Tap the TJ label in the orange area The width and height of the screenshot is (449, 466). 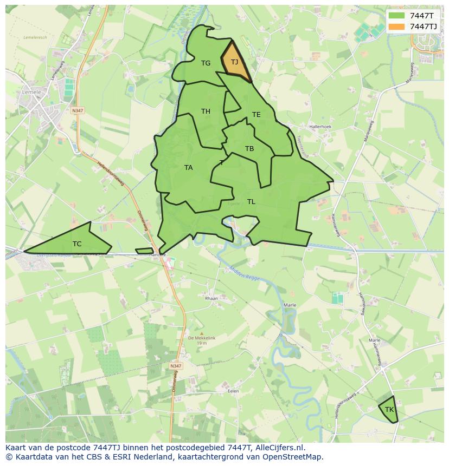[x=234, y=62]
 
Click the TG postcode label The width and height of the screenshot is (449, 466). [x=206, y=63]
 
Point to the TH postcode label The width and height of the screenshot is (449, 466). [x=206, y=111]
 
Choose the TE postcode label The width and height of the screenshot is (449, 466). [x=256, y=115]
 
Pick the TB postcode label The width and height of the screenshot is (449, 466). [x=249, y=149]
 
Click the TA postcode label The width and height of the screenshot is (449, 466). [x=188, y=168]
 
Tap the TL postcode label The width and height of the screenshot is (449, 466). [x=251, y=202]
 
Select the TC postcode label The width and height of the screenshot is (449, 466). [x=77, y=244]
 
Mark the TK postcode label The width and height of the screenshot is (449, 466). [x=389, y=410]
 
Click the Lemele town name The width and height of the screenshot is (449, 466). [x=32, y=93]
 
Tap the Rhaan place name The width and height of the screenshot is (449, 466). [x=211, y=298]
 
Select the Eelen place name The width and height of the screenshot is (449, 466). [x=234, y=390]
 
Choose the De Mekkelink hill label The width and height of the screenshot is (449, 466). [x=202, y=338]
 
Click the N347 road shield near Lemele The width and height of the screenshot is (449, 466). [x=78, y=110]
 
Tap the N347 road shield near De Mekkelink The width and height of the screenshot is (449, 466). [x=175, y=366]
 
